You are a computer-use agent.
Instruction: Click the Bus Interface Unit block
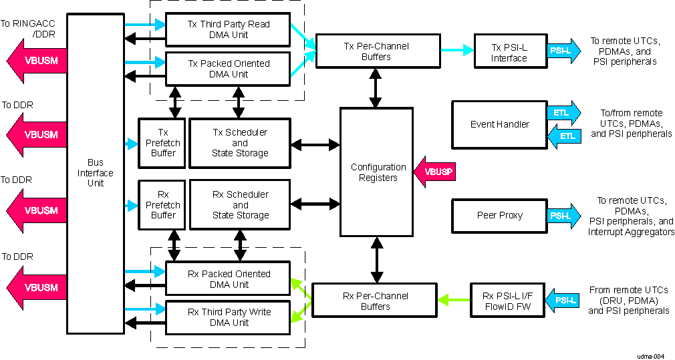tap(95, 173)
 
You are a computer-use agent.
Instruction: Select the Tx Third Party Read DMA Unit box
tap(227, 29)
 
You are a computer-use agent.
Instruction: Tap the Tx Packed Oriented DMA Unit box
tap(227, 69)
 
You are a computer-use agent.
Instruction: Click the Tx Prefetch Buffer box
tap(162, 142)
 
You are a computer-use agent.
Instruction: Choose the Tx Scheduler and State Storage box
tap(240, 142)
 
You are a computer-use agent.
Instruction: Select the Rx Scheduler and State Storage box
tap(240, 204)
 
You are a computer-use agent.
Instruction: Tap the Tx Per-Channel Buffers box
tap(377, 51)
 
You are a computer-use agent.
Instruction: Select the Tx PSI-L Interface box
tap(509, 52)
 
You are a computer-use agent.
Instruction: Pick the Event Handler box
tap(499, 124)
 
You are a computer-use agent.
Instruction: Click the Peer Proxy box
tap(499, 215)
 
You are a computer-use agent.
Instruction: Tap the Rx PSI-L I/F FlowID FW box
tap(508, 301)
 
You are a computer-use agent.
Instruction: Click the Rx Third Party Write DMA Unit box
tap(227, 317)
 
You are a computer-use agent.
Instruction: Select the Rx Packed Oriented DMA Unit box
tap(227, 279)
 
